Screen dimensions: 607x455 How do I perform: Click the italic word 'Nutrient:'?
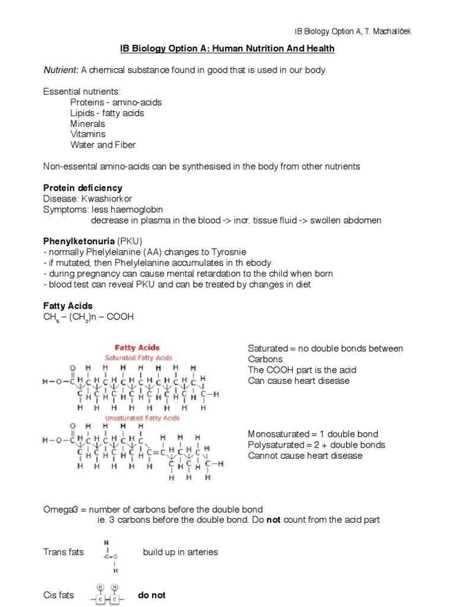pos(60,70)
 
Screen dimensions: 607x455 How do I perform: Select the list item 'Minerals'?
pos(88,124)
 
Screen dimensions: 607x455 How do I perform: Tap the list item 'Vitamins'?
pos(88,135)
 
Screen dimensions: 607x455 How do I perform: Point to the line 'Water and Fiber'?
pos(103,145)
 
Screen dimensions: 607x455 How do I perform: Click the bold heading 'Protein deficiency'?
pos(82,188)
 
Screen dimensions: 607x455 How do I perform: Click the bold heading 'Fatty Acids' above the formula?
pos(68,306)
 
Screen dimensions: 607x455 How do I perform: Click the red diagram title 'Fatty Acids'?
pos(137,348)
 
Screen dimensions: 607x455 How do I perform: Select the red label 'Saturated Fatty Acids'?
pos(138,358)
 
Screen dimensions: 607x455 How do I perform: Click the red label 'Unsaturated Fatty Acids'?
pos(142,418)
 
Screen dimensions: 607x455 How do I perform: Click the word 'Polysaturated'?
pos(275,445)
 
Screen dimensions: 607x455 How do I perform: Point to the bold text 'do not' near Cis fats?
pos(152,595)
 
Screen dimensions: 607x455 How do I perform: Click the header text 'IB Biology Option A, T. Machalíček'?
pos(353,31)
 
